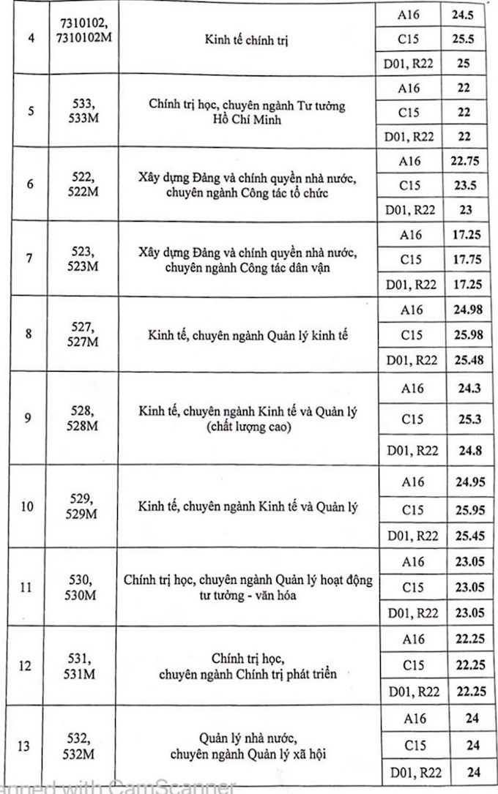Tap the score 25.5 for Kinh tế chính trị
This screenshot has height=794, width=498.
point(462,38)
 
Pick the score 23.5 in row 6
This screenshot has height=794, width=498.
point(462,185)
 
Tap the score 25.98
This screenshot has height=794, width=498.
point(462,334)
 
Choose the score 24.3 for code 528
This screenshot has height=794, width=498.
point(462,388)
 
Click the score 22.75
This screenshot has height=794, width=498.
point(462,160)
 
